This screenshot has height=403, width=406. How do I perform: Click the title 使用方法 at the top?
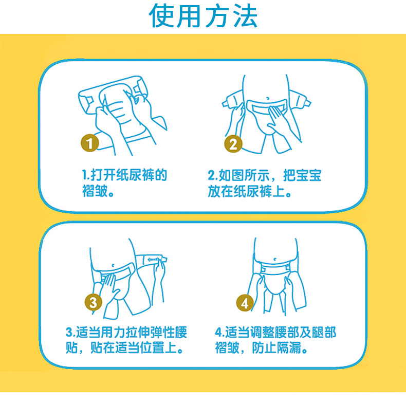coord(204,16)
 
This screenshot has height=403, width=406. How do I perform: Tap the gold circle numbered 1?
coord(89,143)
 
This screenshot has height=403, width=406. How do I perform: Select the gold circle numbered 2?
coord(233,144)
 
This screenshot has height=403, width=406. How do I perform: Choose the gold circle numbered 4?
coord(245,303)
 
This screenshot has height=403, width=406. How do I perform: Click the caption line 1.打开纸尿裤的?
coord(124,175)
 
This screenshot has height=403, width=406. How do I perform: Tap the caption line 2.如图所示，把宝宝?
coord(264,175)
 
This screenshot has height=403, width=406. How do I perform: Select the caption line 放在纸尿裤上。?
coord(250,191)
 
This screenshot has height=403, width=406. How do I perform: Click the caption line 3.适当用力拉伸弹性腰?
coord(126,332)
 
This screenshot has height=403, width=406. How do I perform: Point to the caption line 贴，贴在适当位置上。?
coord(124,348)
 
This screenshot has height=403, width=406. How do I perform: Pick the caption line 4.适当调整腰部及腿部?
coord(275,332)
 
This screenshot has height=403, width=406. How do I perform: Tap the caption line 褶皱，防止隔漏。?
coord(261,348)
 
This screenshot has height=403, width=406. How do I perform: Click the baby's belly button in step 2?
coord(267,98)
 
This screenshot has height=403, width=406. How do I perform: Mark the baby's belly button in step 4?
coord(275,259)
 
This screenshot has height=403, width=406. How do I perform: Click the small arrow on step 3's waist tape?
coord(152,260)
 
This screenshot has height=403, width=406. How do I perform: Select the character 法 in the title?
coord(245,16)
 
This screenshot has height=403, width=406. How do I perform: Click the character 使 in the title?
coord(161,16)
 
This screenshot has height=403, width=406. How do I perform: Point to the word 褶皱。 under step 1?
coord(98,191)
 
